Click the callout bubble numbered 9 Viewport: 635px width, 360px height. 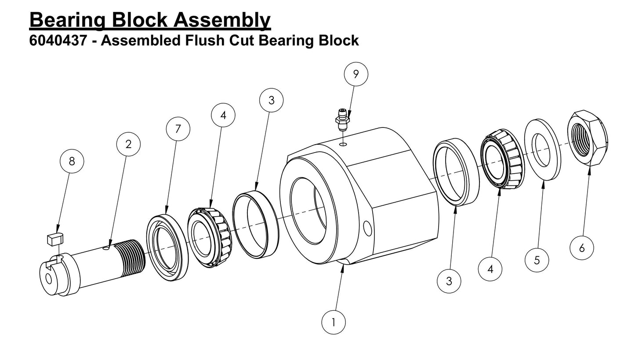(356, 74)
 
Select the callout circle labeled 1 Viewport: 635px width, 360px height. (333, 322)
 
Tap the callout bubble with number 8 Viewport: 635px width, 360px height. (72, 161)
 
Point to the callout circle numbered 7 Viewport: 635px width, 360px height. (178, 129)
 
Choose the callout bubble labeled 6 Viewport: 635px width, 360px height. (581, 248)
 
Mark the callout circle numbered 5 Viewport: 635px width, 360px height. (537, 260)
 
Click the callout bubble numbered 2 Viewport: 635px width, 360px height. (128, 144)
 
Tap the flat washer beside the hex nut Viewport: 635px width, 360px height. (543, 149)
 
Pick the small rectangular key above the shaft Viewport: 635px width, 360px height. (54, 239)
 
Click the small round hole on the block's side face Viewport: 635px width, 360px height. (368, 228)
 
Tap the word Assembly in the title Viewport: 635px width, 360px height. (222, 19)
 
